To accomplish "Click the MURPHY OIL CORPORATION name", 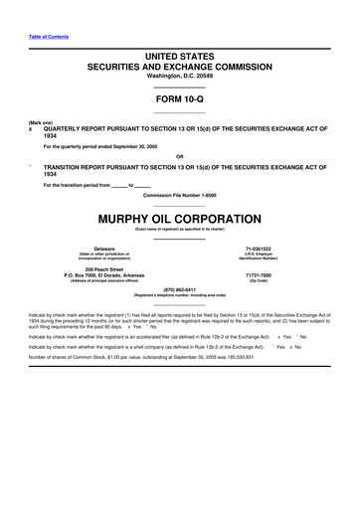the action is point(179,218).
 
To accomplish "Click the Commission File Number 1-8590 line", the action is point(179,195).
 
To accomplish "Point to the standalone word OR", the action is point(179,156).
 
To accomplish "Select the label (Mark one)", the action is point(41,122).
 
